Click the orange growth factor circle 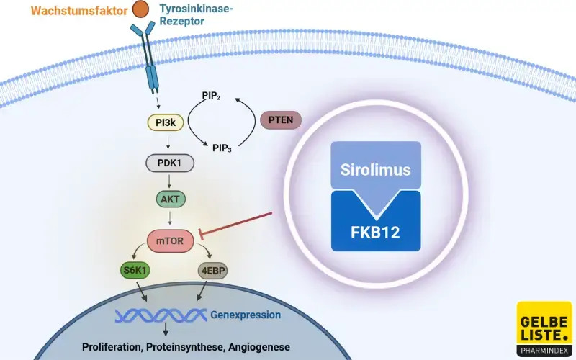143,10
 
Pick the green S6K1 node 134,271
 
